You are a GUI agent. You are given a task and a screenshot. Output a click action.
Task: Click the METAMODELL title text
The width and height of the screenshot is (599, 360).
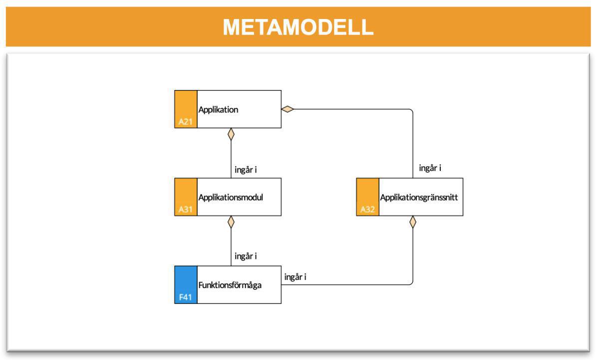click(298, 27)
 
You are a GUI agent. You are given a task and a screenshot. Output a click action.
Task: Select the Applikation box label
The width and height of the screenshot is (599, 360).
click(218, 109)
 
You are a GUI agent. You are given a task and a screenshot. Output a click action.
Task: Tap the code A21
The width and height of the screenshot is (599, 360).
click(185, 121)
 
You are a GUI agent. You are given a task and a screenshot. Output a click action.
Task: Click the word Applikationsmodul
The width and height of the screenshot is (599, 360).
click(231, 197)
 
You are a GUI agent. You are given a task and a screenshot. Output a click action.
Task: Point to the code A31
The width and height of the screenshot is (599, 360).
click(185, 209)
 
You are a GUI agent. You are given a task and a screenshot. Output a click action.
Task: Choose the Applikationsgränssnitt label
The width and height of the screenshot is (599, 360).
click(419, 197)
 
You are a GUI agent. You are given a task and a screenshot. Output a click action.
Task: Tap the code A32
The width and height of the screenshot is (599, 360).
click(367, 209)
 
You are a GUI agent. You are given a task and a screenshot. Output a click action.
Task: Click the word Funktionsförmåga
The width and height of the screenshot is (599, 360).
click(230, 285)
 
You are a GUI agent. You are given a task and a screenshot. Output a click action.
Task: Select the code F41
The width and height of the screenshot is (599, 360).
click(185, 297)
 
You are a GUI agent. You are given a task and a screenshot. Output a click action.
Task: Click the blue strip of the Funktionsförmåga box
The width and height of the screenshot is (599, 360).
click(186, 280)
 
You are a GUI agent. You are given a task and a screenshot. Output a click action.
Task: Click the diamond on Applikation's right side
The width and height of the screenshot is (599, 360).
click(288, 109)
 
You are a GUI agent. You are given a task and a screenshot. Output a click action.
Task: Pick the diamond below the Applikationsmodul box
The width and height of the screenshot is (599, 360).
click(231, 222)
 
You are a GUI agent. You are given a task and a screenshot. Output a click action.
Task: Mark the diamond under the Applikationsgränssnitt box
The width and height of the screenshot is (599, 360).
click(413, 222)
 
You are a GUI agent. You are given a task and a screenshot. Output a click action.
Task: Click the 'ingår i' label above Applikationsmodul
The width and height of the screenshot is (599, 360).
click(246, 170)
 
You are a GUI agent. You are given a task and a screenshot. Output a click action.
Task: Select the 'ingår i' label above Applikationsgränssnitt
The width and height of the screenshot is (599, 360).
click(430, 168)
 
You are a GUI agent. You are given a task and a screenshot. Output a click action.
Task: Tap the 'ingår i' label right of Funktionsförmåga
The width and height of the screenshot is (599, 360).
click(295, 276)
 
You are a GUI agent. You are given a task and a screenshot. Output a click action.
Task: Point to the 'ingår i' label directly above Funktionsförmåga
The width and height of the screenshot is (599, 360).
click(246, 256)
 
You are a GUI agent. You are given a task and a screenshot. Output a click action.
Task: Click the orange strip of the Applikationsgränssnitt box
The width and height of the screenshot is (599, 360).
click(367, 192)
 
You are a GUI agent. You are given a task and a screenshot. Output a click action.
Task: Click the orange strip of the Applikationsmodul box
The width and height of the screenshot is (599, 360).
click(186, 192)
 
